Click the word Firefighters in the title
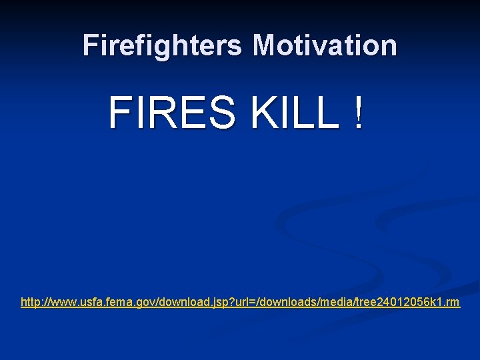click(163, 45)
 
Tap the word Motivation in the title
click(325, 45)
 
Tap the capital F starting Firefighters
click(90, 45)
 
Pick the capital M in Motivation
click(265, 45)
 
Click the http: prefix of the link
click(31, 303)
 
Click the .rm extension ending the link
click(453, 303)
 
